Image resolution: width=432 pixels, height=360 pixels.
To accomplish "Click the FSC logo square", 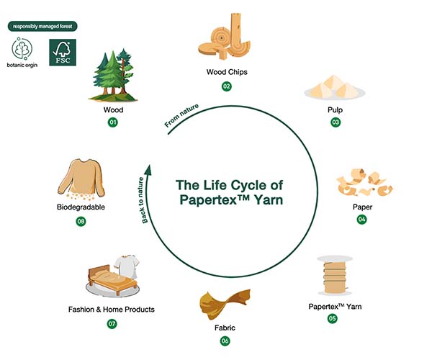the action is pos(63,53).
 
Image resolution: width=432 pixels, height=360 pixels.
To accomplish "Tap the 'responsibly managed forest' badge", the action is pos(42,27).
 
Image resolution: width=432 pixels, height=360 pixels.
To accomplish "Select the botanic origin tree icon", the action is pos(22,48).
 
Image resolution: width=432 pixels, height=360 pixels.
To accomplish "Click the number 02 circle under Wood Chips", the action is pos(227,86).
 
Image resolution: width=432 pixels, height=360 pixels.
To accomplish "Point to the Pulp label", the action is pos(335,109).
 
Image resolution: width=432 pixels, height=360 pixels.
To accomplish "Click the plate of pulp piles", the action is pos(335,88).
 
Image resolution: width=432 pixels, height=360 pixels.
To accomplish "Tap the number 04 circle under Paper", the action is pos(361,220).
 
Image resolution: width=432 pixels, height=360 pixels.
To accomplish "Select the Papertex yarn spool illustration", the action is pos(335,276).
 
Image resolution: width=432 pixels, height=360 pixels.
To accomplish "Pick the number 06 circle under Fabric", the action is pos(225,341).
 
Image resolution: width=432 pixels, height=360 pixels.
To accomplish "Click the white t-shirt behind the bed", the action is pos(127,266).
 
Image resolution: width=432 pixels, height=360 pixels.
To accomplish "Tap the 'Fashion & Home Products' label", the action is pos(112,310).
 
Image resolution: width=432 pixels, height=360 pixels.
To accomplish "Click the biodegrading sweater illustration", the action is pos(81,179).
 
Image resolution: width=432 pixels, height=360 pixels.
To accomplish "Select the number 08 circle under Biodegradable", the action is pos(81,221).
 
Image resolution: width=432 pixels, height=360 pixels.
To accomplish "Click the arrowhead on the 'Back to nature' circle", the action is pos(149,170).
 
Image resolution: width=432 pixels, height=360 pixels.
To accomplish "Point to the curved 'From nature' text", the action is pos(181,116).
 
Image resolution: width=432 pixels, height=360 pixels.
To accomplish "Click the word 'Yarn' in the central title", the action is pos(269,200).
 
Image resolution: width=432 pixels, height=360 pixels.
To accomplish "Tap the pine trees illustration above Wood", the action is pos(113,75).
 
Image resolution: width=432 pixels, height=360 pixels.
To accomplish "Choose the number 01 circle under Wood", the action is pos(113,122).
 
